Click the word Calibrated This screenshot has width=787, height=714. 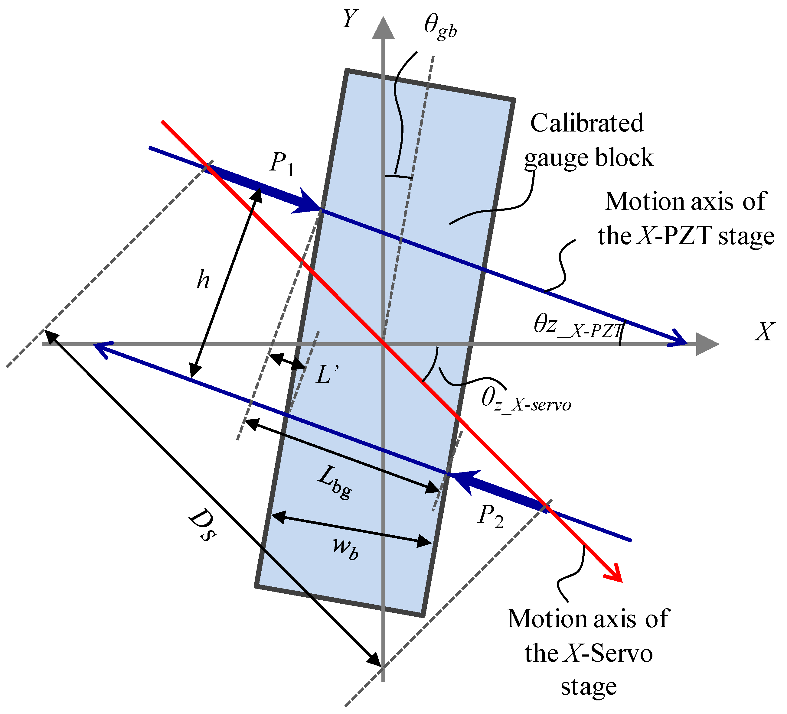(587, 123)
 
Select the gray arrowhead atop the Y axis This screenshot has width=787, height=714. (383, 28)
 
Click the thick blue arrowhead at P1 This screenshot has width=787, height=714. (306, 202)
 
